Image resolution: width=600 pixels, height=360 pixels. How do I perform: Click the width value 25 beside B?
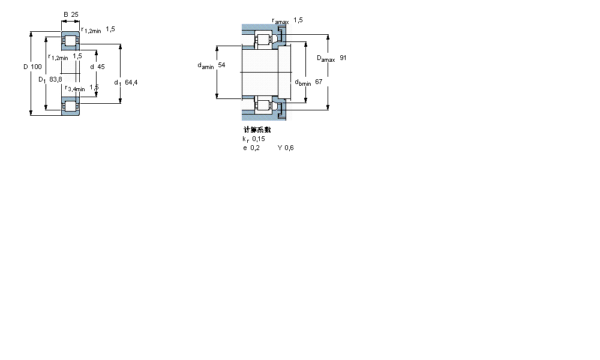(x=75, y=14)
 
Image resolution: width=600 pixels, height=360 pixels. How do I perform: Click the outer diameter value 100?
(x=36, y=67)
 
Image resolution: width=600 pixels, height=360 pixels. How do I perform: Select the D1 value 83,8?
(x=55, y=79)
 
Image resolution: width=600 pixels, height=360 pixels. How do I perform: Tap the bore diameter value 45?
(x=101, y=67)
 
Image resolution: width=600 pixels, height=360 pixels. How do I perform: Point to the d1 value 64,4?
(x=131, y=83)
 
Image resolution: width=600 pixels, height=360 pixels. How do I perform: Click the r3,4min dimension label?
(x=75, y=89)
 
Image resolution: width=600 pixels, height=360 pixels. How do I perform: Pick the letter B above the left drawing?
(x=66, y=14)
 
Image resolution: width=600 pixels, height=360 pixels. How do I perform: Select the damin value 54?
(x=221, y=65)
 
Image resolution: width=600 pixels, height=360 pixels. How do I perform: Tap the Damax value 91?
(x=343, y=58)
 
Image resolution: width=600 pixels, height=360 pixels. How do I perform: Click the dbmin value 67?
(x=319, y=82)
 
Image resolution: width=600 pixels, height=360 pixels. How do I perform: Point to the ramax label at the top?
(x=280, y=21)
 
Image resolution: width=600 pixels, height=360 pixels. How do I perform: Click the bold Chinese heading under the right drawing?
(x=257, y=130)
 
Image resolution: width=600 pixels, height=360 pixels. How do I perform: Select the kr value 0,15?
(x=259, y=139)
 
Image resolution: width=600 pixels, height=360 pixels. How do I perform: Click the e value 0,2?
(x=255, y=148)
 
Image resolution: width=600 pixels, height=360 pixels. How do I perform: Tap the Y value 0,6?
(x=289, y=148)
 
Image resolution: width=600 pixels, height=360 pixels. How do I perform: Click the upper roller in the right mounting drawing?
(x=262, y=41)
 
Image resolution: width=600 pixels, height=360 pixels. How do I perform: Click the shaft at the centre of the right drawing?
(x=259, y=72)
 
